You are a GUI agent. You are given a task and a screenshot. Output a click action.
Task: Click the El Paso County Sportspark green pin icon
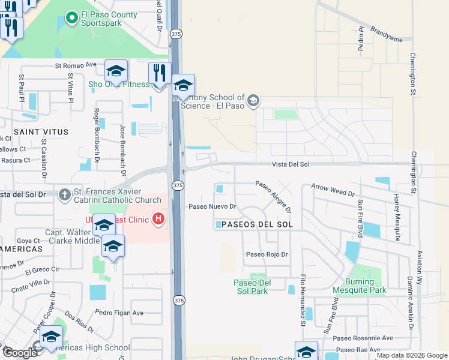tap(72, 18)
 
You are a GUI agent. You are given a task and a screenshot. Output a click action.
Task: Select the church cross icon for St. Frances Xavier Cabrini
tap(65, 194)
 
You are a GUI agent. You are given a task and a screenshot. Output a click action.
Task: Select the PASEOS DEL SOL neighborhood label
tap(256, 224)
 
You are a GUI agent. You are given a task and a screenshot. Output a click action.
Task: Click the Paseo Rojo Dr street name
tap(267, 254)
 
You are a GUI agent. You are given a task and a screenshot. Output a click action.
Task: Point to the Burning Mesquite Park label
tap(365, 286)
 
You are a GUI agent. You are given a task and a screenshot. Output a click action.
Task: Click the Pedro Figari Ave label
tap(119, 313)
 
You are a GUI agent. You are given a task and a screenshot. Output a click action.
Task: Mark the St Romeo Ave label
tap(76, 65)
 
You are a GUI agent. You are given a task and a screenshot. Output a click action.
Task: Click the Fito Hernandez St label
tap(303, 300)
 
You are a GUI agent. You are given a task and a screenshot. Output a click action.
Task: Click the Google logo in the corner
tap(19, 353)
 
